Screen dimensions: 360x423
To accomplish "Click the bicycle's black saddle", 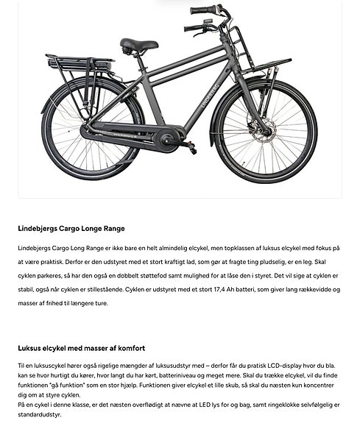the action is coord(138,44).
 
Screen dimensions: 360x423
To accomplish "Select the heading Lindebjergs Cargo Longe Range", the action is coord(71,229).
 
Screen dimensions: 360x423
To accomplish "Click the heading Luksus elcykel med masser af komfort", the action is coord(81,348).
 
